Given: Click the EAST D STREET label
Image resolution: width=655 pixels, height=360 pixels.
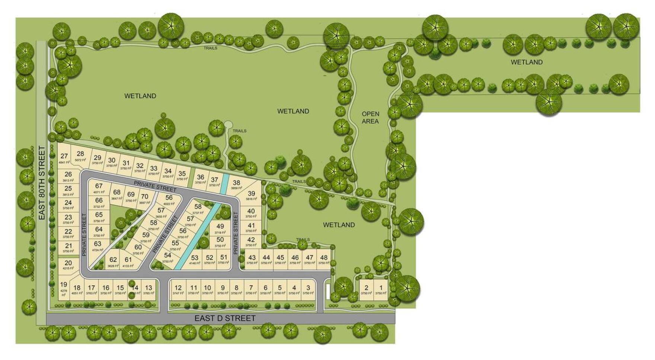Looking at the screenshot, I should [225, 318].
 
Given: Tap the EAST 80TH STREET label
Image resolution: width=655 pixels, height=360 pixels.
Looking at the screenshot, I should [42, 183].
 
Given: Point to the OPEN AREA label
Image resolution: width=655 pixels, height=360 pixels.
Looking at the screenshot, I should [370, 118].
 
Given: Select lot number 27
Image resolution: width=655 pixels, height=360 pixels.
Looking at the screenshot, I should [64, 157].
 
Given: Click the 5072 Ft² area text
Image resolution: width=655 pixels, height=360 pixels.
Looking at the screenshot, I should [80, 160].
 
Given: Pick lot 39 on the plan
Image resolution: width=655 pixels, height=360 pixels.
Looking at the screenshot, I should [252, 194].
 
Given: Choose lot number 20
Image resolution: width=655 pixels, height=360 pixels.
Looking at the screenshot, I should [68, 263].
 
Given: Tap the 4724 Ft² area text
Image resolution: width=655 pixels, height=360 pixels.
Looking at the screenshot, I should [98, 250].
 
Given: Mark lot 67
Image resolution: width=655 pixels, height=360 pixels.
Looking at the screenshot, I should [99, 186].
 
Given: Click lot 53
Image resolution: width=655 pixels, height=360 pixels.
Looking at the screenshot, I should [195, 258].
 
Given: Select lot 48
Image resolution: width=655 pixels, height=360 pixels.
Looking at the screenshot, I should [324, 257].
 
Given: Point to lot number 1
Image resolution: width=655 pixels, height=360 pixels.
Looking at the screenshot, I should [381, 288].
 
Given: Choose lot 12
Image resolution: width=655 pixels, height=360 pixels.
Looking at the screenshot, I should [178, 288].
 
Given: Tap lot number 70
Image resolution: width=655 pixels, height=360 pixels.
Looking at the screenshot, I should [145, 197].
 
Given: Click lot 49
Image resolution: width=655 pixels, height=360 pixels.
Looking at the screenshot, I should [220, 226].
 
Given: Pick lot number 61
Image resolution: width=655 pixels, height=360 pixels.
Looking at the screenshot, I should [128, 260].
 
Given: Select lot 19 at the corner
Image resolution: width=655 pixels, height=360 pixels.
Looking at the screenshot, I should [64, 285].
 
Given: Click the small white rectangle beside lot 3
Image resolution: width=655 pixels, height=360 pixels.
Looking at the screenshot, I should [328, 292].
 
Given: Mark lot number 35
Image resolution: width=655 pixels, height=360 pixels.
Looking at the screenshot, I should [182, 174].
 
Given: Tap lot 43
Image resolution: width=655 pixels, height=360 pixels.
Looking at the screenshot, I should [252, 257].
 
